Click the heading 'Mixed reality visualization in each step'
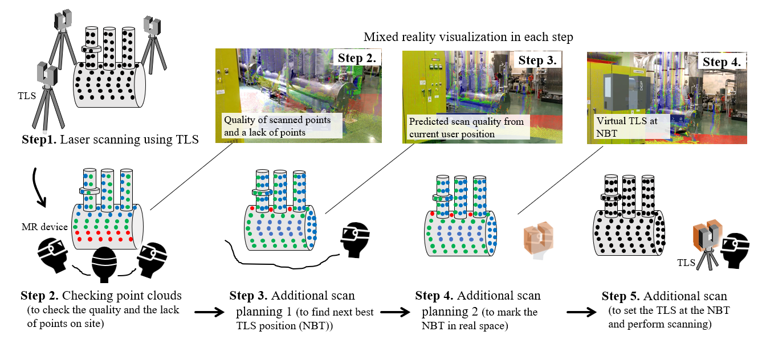click(x=468, y=37)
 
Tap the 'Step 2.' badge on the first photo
click(x=357, y=58)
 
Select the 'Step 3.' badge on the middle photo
click(x=537, y=59)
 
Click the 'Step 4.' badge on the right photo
click(x=722, y=62)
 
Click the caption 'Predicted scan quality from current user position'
click(x=466, y=127)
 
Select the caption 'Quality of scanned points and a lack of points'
click(x=277, y=125)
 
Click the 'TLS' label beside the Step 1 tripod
click(x=27, y=96)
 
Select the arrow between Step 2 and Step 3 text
click(x=210, y=312)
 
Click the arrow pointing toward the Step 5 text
click(x=581, y=312)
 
